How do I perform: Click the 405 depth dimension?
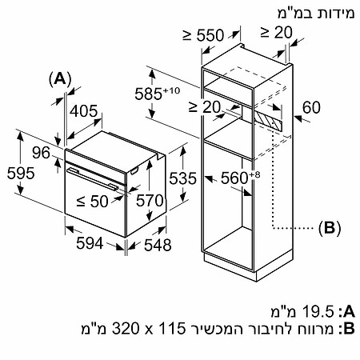tap(84, 111)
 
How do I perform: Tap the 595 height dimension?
tap(21, 173)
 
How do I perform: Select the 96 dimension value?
tap(41, 153)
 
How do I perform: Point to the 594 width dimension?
tap(90, 243)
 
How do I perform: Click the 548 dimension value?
tap(158, 245)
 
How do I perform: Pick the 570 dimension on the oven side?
tap(150, 201)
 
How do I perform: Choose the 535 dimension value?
tap(183, 178)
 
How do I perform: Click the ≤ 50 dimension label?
tap(92, 201)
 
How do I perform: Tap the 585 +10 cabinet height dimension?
tap(158, 94)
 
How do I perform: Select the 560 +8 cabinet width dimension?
tap(240, 178)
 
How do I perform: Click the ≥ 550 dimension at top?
tap(203, 35)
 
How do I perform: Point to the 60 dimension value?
tap(311, 107)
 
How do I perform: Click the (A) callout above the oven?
tap(60, 79)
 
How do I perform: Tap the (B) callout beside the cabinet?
tap(330, 228)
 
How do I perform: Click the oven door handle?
tap(92, 178)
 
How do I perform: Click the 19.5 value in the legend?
tap(318, 311)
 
